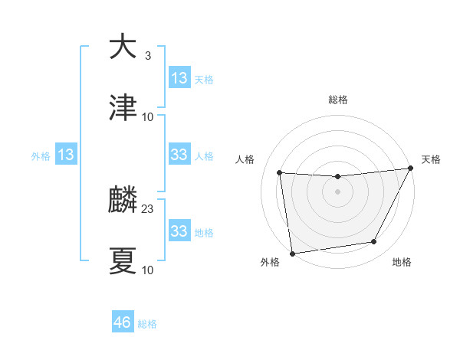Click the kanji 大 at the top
123,47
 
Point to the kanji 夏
123,260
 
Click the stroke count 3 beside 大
147,56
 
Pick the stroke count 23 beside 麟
148,209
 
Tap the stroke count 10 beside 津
148,116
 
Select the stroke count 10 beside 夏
148,270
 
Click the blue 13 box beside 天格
179,78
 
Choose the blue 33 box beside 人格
179,155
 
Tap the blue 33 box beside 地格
179,231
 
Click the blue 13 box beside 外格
66,155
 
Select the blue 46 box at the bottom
122,322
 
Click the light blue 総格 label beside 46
147,324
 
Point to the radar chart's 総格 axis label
338,100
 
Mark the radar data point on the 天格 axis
411,169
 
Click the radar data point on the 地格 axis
374,242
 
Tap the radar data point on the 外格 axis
292,253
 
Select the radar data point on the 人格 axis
280,173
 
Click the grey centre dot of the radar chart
338,191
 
